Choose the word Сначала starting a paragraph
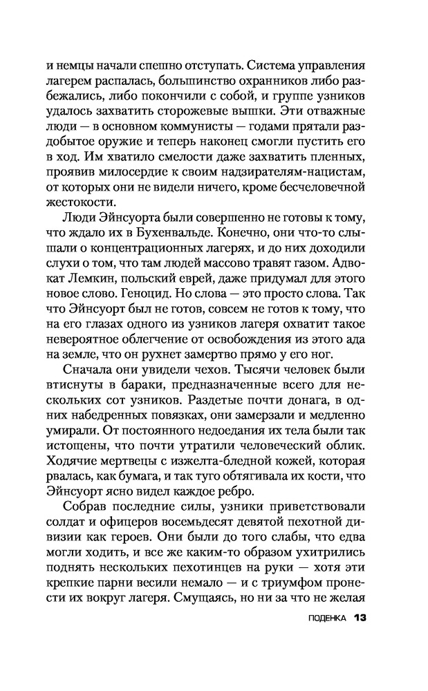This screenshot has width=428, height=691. (x=91, y=390)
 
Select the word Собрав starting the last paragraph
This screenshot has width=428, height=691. (x=89, y=516)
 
